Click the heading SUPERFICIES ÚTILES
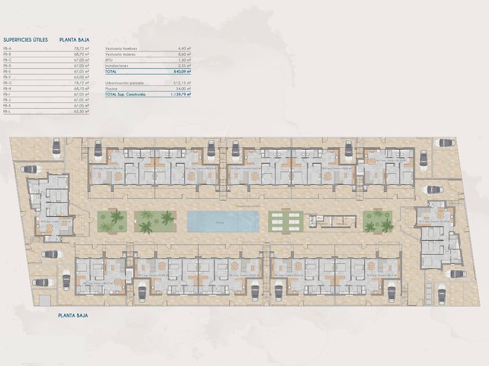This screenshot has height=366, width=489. [x=25, y=39]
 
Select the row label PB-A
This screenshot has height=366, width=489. [x=7, y=48]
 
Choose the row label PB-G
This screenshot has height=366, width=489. [x=7, y=83]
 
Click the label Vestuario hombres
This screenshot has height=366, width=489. [x=121, y=48]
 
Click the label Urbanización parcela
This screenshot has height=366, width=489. [x=124, y=83]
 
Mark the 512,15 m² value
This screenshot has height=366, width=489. [x=181, y=83]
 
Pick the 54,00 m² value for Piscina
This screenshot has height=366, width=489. [x=183, y=88]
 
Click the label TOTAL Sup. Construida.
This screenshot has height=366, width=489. [x=125, y=95]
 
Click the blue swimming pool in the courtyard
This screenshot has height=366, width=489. [x=223, y=222]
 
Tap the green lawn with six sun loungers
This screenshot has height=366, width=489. [x=285, y=222]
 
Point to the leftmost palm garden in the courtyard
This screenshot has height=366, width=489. [x=112, y=222]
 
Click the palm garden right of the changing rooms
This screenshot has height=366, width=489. [x=378, y=222]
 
